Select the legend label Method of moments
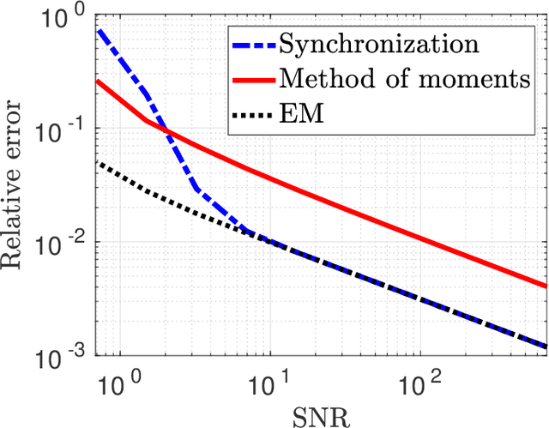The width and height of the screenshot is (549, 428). point(404,78)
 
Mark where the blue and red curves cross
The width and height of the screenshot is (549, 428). point(167,132)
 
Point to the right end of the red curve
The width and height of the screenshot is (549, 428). point(546,286)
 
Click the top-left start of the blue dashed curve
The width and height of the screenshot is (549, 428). point(99,31)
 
